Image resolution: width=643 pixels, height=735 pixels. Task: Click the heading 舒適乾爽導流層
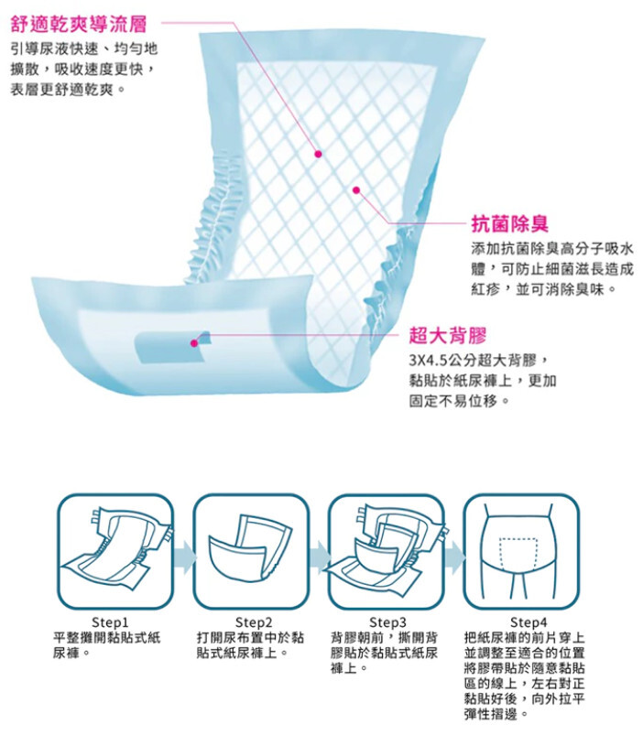[x=79, y=24]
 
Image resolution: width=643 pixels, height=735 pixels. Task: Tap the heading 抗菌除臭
[x=510, y=223]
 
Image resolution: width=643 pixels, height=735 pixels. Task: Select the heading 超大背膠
[x=448, y=335]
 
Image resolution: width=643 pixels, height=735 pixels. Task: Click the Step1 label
[x=110, y=622]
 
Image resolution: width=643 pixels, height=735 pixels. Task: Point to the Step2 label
[x=253, y=622]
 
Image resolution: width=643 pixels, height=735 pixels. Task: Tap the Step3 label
[x=387, y=622]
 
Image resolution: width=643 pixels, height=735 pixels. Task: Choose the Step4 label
[x=529, y=622]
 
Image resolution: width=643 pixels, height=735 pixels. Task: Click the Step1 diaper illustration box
[x=115, y=551]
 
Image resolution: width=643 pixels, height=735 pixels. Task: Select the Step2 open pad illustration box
[x=251, y=551]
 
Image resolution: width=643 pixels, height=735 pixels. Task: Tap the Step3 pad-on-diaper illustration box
[x=386, y=551]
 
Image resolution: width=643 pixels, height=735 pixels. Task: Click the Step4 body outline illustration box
[x=521, y=551]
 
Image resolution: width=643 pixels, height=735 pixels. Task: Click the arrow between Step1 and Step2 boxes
[x=185, y=557]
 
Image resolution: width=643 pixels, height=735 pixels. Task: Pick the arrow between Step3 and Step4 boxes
[x=454, y=557]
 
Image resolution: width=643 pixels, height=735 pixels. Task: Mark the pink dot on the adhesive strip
[x=194, y=343]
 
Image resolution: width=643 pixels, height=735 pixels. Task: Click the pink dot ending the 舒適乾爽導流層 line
[x=319, y=154]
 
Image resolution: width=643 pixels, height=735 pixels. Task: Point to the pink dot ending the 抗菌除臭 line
[x=356, y=189]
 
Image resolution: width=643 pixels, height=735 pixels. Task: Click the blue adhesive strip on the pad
[x=171, y=348]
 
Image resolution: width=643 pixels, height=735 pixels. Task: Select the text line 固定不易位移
[x=460, y=401]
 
